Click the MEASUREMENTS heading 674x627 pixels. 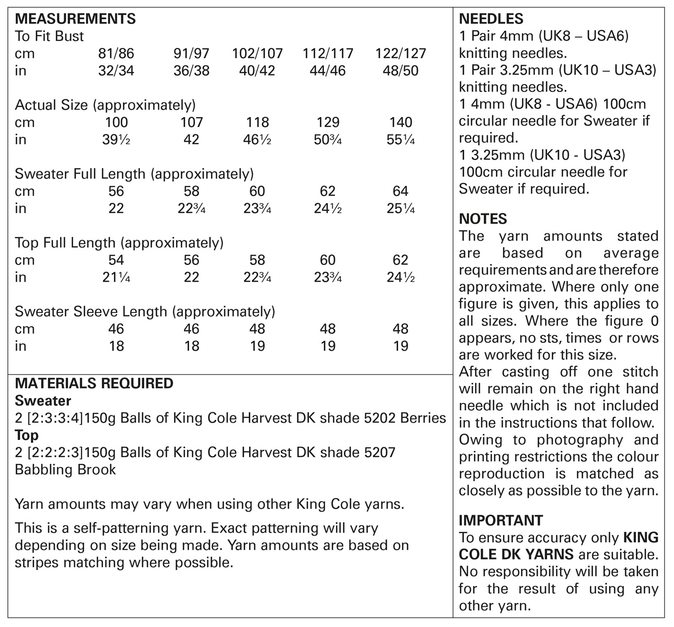(x=75, y=19)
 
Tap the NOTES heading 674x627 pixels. (x=483, y=219)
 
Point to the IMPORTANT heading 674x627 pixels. (x=501, y=520)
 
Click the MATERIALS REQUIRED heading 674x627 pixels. (x=94, y=384)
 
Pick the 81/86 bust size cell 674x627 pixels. (x=116, y=53)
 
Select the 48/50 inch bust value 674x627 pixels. (x=400, y=71)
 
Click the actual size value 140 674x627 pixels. (x=400, y=122)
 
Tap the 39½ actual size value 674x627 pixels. (x=116, y=140)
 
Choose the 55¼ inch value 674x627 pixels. (x=400, y=140)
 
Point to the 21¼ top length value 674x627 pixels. (x=116, y=277)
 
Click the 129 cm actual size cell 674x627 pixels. (x=328, y=122)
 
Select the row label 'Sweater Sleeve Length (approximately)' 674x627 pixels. (x=145, y=312)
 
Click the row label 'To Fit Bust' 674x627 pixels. (x=49, y=37)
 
